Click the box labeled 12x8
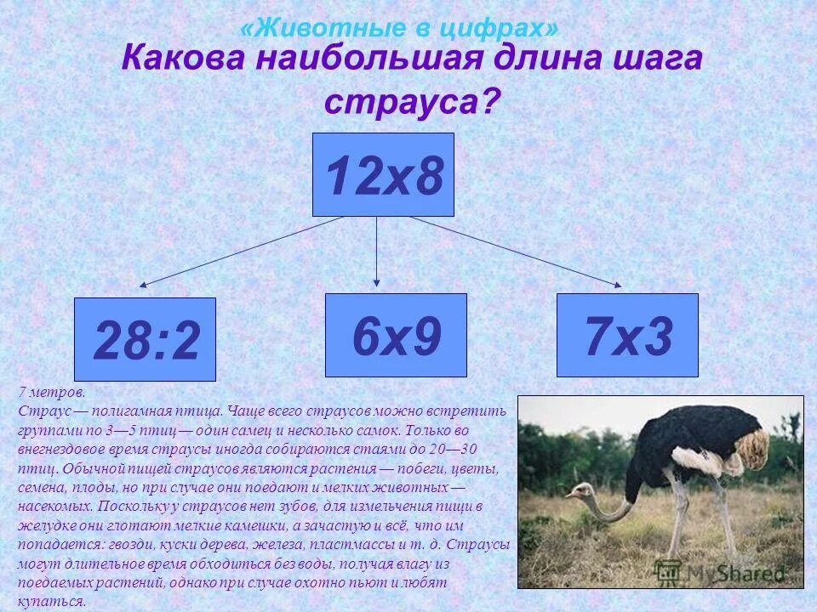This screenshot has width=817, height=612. click(x=383, y=174)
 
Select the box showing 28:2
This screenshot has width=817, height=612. click(x=145, y=339)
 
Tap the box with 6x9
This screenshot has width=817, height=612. click(x=396, y=335)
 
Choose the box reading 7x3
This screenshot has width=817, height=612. click(x=627, y=335)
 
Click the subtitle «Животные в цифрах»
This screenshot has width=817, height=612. click(x=400, y=28)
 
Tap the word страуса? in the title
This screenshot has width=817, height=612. click(x=412, y=102)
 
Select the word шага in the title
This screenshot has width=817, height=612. click(x=655, y=61)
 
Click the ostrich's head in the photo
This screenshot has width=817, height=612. click(x=581, y=490)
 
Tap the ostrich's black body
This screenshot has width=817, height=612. click(x=681, y=442)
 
